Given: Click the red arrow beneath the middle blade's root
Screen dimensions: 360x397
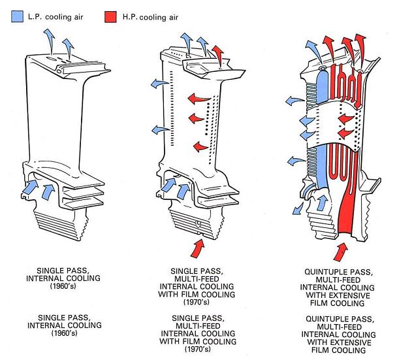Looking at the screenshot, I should click(x=195, y=248).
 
